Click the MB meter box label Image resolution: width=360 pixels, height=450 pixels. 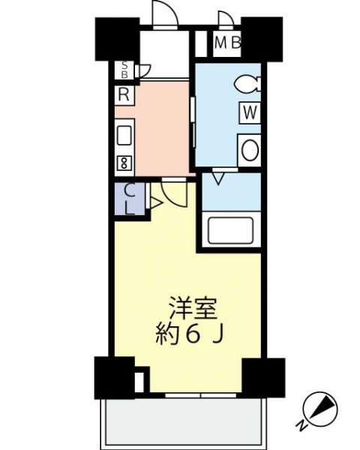tap(228, 43)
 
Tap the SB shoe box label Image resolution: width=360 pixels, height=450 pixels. tap(124, 70)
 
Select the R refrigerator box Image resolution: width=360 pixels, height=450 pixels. tap(124, 94)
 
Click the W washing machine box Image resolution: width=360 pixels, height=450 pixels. tap(250, 113)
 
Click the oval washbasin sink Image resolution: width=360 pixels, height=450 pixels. tap(250, 150)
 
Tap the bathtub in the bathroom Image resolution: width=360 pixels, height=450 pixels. tap(231, 229)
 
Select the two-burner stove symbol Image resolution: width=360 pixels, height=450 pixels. tap(124, 163)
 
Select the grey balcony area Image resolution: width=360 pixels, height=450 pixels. tap(183, 421)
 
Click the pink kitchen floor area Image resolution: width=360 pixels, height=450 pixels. tap(162, 128)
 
